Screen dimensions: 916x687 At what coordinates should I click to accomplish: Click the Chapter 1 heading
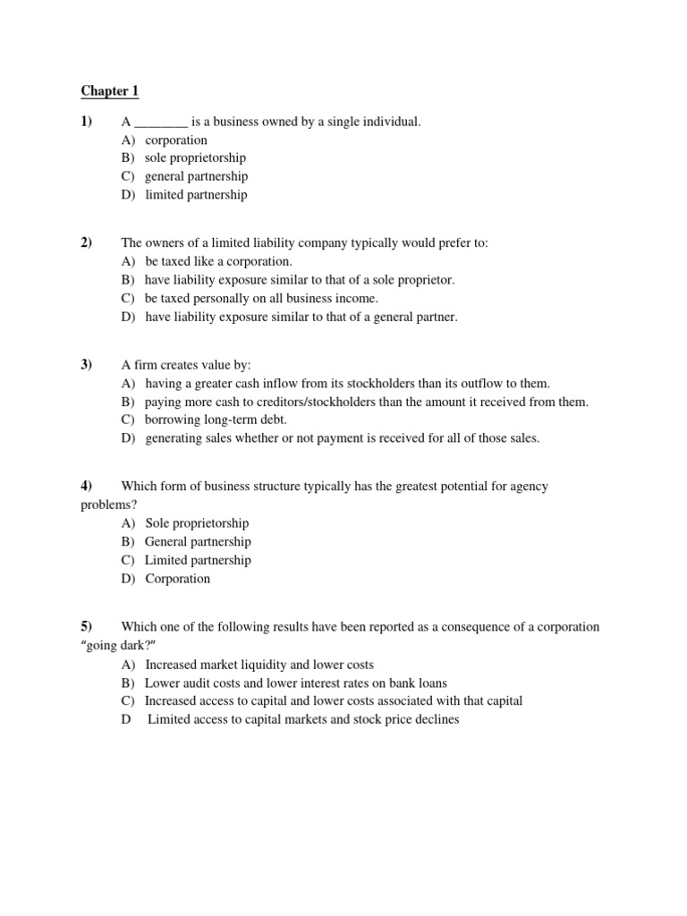110,91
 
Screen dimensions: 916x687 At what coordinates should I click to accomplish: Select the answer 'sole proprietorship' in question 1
195,158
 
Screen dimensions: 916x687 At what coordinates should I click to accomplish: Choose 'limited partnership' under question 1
196,195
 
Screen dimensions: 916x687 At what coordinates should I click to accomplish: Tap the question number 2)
87,243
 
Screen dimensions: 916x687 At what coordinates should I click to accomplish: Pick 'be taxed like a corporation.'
218,262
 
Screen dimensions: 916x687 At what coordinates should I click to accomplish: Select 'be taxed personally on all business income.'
261,299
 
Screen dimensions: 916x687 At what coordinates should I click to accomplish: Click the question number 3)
87,365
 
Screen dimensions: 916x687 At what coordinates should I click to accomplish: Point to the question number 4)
87,487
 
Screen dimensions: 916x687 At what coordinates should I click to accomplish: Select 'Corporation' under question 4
178,579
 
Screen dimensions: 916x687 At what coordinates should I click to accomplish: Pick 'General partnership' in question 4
198,542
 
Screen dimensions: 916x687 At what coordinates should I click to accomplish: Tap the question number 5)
87,627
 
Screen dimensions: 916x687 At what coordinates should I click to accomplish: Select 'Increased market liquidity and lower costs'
259,665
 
